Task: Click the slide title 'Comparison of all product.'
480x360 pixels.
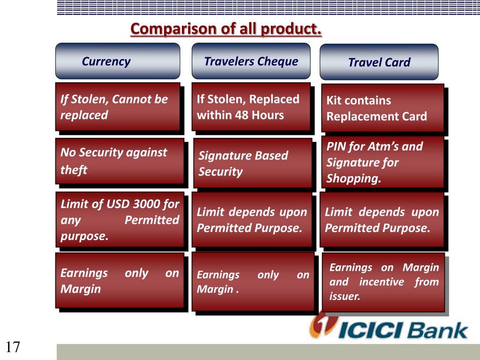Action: tap(226, 29)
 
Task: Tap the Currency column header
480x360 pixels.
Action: tap(118, 61)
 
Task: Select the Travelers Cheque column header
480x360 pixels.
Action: tap(251, 61)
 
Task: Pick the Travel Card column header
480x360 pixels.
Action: tap(379, 62)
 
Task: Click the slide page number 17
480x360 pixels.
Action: tap(13, 347)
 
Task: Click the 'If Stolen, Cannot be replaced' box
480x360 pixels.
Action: tap(118, 106)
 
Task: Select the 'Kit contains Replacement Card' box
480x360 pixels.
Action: tap(382, 108)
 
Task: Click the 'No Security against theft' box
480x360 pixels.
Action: tap(120, 161)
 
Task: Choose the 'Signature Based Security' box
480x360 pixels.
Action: tap(253, 163)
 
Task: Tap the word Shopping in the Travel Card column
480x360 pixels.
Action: tap(353, 178)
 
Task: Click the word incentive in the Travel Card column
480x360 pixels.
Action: tap(382, 282)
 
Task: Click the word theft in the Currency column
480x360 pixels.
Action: tap(74, 170)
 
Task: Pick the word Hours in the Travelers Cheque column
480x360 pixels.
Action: tap(268, 115)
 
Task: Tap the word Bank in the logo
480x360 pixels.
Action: tap(437, 330)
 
